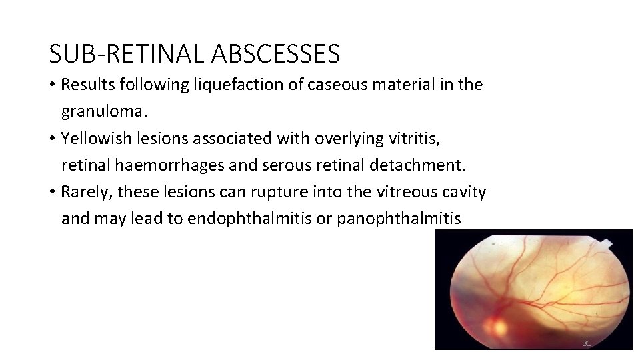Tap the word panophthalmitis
click(399, 218)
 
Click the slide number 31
click(587, 343)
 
